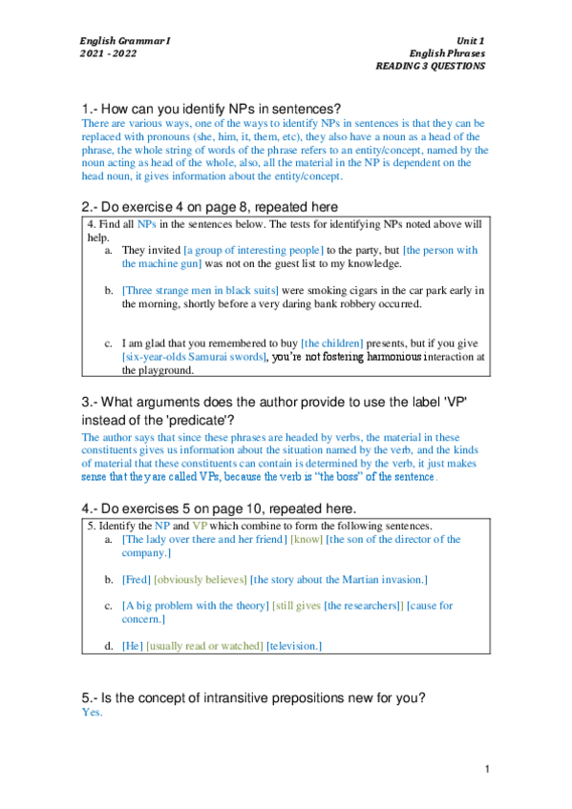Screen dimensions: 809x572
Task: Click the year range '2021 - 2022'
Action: click(108, 53)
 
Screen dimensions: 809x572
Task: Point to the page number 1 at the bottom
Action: click(486, 769)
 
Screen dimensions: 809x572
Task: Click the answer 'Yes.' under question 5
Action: click(92, 713)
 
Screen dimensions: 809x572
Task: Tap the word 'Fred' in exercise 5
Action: click(135, 579)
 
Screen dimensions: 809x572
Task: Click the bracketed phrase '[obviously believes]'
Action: click(200, 579)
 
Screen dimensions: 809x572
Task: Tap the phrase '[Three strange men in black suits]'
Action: click(200, 290)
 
